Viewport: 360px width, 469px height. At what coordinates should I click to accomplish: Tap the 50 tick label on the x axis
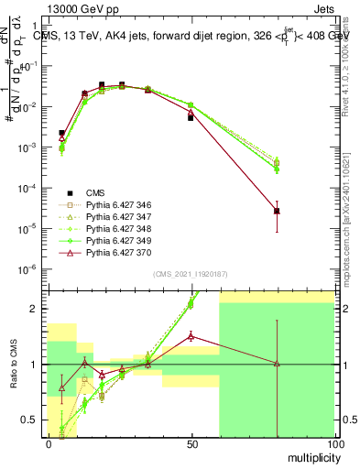[191, 444]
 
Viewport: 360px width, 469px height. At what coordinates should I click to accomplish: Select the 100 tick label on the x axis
[333, 444]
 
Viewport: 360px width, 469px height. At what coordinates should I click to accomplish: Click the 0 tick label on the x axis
[48, 444]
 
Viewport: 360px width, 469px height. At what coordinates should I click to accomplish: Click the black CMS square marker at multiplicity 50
[191, 117]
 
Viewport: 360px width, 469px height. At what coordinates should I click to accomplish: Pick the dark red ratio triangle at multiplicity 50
[191, 336]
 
